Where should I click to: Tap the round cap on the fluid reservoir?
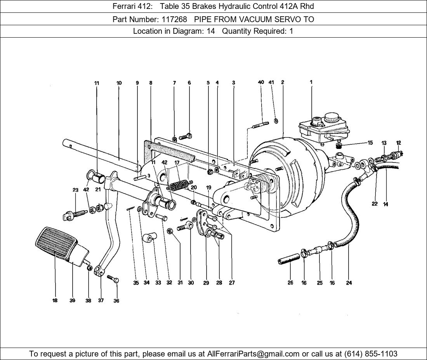tap(332, 117)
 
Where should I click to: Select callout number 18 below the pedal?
tap(55, 301)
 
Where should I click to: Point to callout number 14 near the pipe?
tap(385, 204)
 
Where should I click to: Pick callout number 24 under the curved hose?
tap(349, 283)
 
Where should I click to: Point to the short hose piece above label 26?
tap(289, 259)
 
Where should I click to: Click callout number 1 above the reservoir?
tap(311, 82)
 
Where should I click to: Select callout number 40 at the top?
tap(261, 82)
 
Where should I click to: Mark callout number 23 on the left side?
tap(75, 190)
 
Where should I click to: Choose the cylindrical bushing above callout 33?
tap(150, 237)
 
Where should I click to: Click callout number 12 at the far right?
tap(399, 143)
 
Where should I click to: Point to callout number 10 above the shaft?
tap(119, 83)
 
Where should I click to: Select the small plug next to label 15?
tap(338, 145)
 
